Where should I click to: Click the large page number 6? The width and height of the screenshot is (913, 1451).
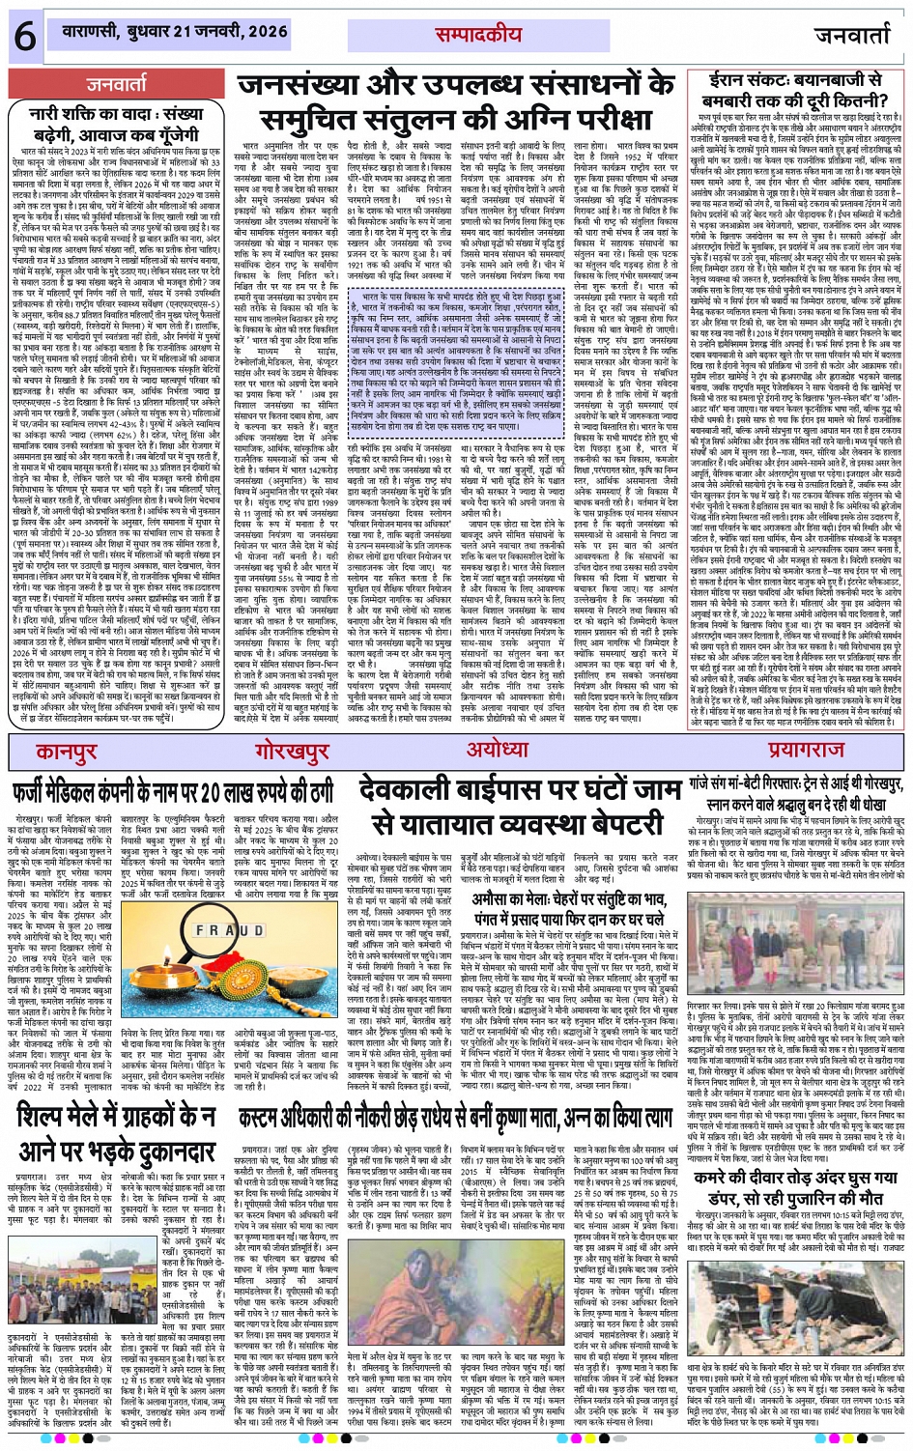[x=24, y=36]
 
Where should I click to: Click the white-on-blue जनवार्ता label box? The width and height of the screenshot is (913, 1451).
[x=116, y=85]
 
